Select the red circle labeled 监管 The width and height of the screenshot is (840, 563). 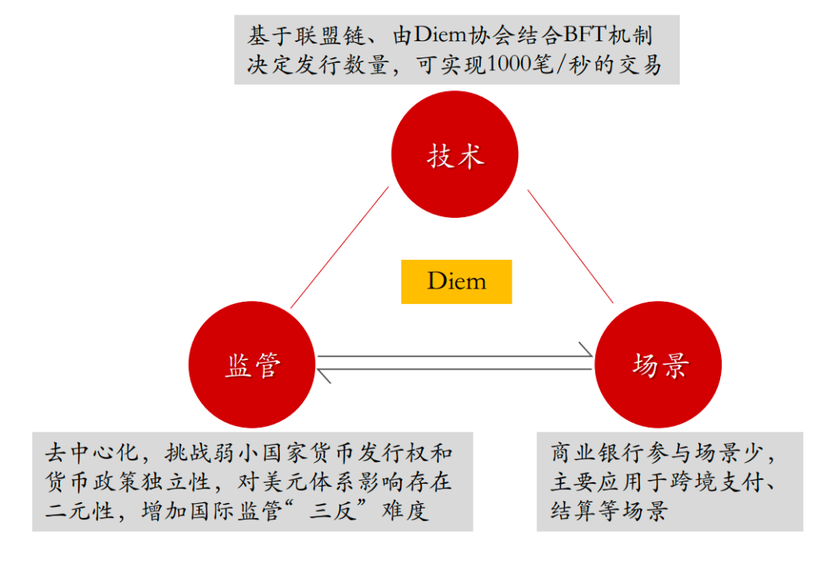252,365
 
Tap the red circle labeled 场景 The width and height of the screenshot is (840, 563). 660,365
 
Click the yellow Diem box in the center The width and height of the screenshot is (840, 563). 457,281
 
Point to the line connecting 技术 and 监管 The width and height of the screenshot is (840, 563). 339,248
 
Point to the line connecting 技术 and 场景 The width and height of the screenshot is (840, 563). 570,246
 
